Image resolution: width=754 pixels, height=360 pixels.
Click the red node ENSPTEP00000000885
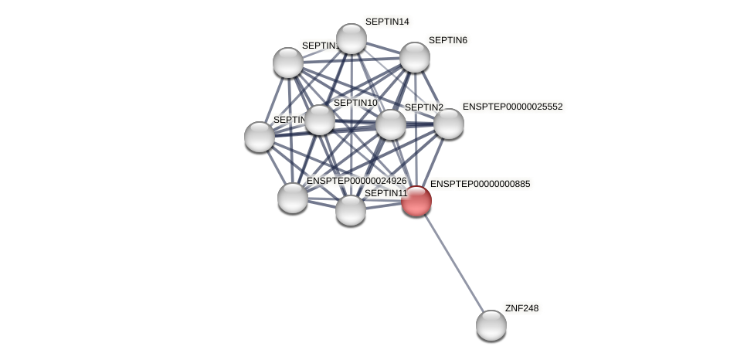point(416,201)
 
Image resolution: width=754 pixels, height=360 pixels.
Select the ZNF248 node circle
point(491,324)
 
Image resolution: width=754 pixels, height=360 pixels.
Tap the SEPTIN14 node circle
point(351,39)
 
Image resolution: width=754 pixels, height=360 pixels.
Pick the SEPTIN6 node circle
point(414,56)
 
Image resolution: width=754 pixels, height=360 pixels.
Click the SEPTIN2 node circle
point(390,124)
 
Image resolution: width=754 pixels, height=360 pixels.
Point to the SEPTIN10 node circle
point(319,120)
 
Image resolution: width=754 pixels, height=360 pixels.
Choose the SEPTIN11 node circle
point(350,209)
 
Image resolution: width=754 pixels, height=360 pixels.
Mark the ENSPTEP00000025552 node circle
point(448,123)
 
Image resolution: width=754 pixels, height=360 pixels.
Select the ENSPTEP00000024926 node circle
point(292,197)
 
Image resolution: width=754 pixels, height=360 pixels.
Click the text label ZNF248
point(521,308)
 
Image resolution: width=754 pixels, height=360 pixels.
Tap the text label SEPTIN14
point(387,22)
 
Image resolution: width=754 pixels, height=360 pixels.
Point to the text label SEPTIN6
point(448,40)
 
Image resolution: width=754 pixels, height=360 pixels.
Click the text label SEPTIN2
point(424,107)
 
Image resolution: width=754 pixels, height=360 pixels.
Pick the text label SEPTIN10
point(355,103)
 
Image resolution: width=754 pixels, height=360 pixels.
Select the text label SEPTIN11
point(385,193)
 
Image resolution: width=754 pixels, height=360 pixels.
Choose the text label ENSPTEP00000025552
point(512,107)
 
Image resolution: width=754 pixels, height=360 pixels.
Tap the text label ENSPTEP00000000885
point(480,184)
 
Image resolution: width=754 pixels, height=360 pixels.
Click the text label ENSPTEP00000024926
point(356,181)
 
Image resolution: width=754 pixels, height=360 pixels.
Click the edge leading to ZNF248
point(453,263)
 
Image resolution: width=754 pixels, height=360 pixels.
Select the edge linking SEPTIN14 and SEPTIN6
point(382,47)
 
